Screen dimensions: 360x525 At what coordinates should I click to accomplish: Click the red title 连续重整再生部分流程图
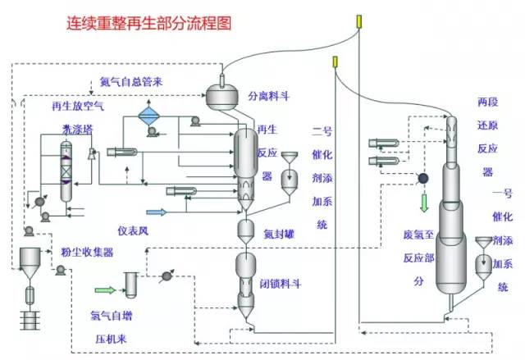pos(148,23)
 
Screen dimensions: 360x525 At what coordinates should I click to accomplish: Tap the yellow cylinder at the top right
pos(359,21)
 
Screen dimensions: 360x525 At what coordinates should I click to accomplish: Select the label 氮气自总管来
pos(132,82)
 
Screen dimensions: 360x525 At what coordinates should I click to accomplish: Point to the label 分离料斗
pos(269,96)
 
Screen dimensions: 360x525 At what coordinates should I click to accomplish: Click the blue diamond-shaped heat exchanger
pos(148,116)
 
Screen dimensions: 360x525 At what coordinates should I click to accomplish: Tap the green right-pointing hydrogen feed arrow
pos(105,289)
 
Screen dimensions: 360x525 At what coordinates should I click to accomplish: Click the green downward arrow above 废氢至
pos(423,202)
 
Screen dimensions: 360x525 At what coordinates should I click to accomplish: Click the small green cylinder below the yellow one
pos(335,62)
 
